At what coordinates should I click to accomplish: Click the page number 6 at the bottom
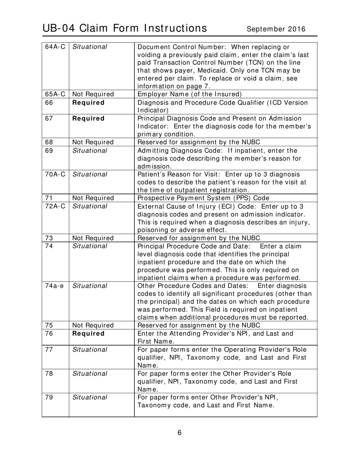tap(180, 433)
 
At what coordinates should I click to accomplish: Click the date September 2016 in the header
tap(276, 29)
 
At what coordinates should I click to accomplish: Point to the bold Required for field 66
tap(88, 102)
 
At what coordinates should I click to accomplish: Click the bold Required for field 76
tap(88, 333)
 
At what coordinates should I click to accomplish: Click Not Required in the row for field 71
tap(93, 198)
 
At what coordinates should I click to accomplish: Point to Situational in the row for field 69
tap(89, 150)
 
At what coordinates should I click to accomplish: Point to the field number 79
tap(49, 397)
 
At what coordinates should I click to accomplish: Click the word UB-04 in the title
tap(60, 28)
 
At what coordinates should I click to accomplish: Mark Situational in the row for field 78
tap(89, 373)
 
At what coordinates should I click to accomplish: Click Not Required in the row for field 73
tap(93, 238)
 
